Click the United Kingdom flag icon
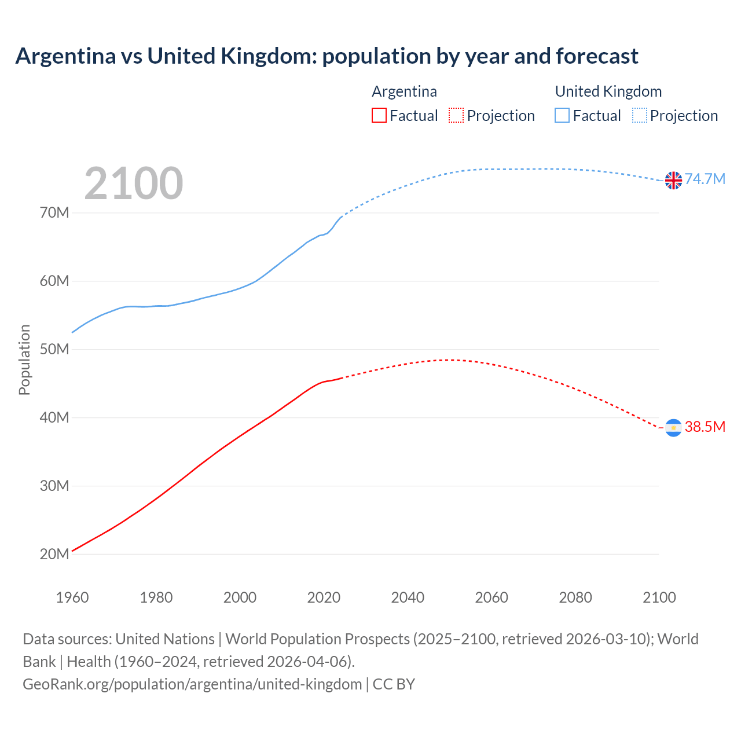click(673, 181)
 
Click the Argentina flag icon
click(673, 428)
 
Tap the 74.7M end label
click(705, 179)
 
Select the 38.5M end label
click(705, 427)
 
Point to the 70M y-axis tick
click(54, 212)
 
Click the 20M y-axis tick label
click(54, 554)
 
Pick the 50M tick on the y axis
click(54, 349)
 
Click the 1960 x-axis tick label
click(72, 597)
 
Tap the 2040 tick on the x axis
click(408, 597)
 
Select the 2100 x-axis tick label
click(659, 597)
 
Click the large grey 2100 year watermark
click(134, 184)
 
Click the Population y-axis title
click(24, 360)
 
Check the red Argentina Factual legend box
click(379, 115)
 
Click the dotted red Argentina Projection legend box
click(456, 115)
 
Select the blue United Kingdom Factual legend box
click(562, 115)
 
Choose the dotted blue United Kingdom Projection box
click(640, 115)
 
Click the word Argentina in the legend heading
click(404, 91)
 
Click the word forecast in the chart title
click(597, 56)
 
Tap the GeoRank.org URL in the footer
click(192, 684)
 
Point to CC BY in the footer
click(394, 684)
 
